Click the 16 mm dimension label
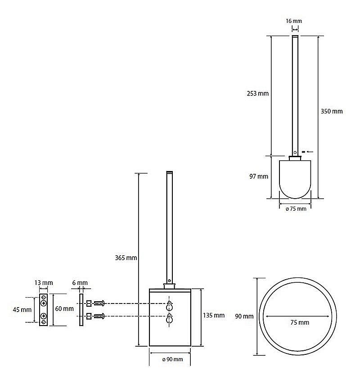click(293, 21)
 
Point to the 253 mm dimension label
click(257, 94)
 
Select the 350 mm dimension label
click(331, 111)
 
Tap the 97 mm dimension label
click(259, 177)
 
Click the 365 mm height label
click(126, 258)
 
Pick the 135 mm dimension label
click(213, 316)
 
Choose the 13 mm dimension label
click(44, 283)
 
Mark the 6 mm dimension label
click(80, 283)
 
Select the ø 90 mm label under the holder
click(170, 359)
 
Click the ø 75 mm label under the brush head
click(295, 208)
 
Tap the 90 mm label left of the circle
click(244, 317)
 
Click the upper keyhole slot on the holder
click(170, 306)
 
